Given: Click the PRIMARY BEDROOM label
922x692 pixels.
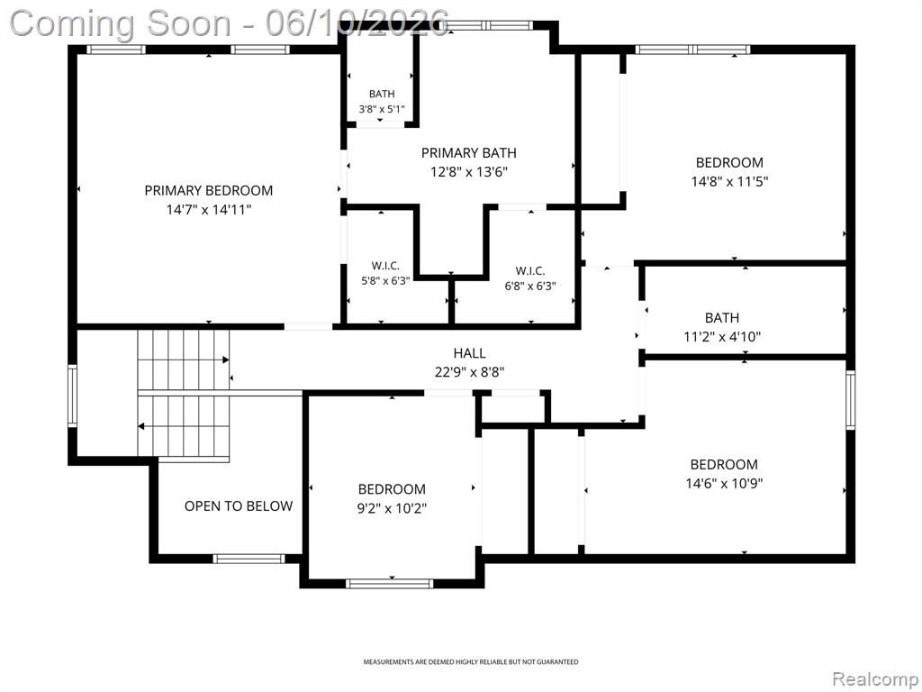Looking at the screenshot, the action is [x=209, y=190].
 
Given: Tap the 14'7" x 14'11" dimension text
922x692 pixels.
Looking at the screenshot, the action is [x=209, y=209].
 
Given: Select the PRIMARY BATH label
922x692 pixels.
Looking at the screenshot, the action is [x=468, y=153].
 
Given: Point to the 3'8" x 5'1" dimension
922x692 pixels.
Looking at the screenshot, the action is [x=382, y=109].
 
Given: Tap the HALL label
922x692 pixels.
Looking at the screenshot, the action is [x=469, y=353].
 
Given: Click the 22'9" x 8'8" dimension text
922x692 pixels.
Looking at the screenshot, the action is [x=469, y=372].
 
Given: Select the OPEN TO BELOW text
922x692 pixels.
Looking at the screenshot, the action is [x=238, y=506].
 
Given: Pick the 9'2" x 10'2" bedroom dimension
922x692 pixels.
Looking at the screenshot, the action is [x=392, y=508].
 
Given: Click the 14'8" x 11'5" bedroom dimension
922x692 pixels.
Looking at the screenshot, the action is [x=729, y=181].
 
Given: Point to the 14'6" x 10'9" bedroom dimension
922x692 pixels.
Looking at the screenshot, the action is [x=724, y=484].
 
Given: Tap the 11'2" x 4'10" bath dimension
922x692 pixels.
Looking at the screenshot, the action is [x=722, y=337].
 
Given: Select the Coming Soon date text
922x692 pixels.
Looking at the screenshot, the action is [x=230, y=23].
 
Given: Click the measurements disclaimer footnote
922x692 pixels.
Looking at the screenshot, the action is [x=470, y=662].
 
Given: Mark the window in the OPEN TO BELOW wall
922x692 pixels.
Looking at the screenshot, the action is [x=249, y=559].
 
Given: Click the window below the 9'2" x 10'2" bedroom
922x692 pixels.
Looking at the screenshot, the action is [x=389, y=584].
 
